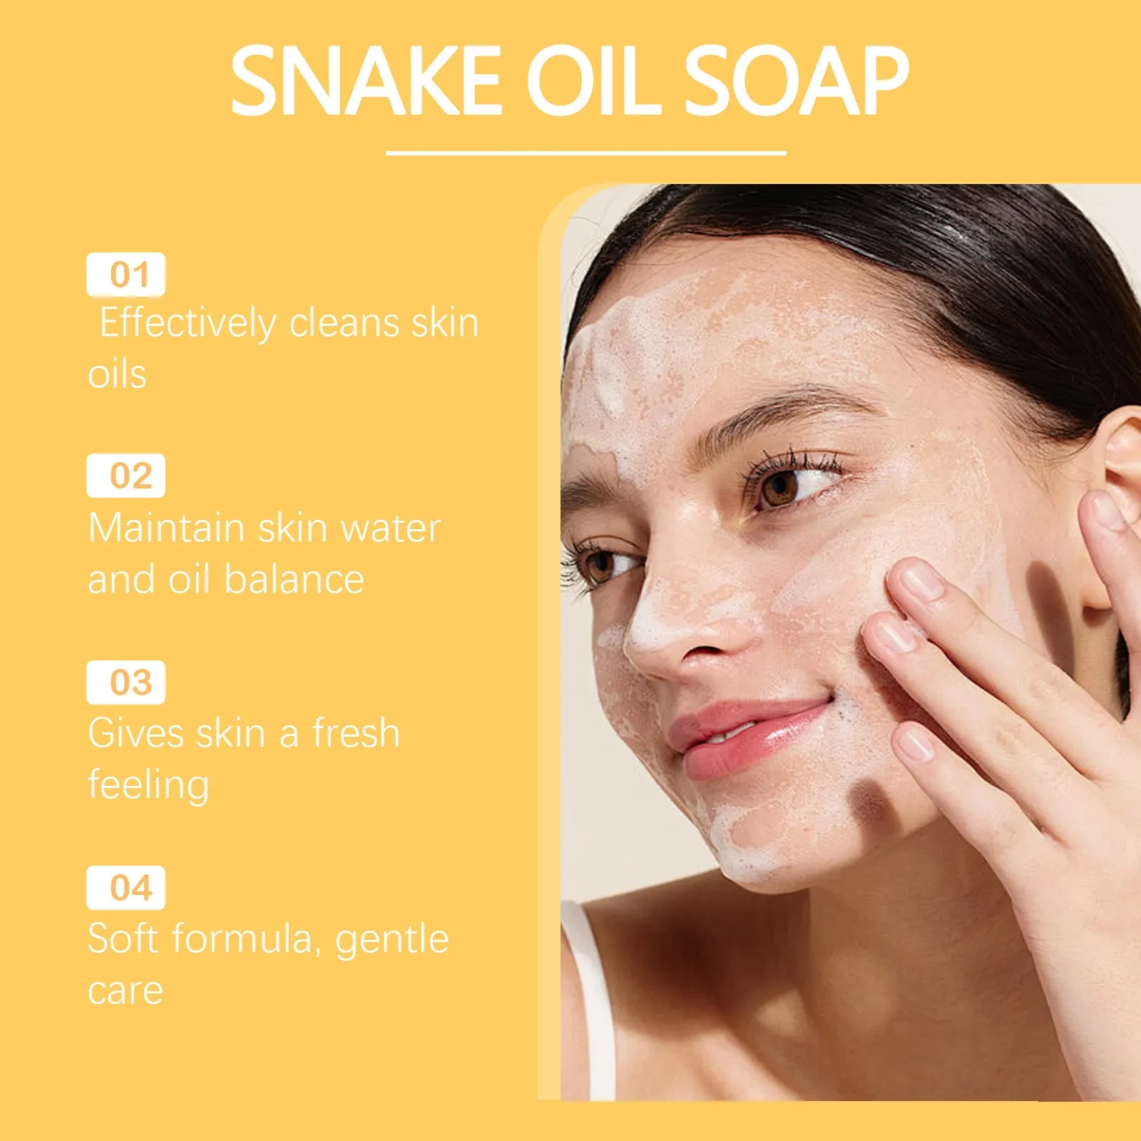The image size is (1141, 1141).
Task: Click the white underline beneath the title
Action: [x=585, y=153]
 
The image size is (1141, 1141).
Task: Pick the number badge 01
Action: [x=126, y=275]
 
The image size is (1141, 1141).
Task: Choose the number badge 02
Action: [x=126, y=476]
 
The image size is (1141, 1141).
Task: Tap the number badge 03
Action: [x=126, y=682]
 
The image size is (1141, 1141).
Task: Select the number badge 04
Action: [x=126, y=888]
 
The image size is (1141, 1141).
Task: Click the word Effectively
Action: [x=188, y=324]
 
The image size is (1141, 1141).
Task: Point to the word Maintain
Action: [x=166, y=528]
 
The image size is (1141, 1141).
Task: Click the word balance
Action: [x=294, y=579]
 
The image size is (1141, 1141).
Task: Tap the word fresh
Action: [x=356, y=733]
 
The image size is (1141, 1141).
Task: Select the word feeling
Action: [x=148, y=785]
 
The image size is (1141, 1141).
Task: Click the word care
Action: [x=126, y=991]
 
